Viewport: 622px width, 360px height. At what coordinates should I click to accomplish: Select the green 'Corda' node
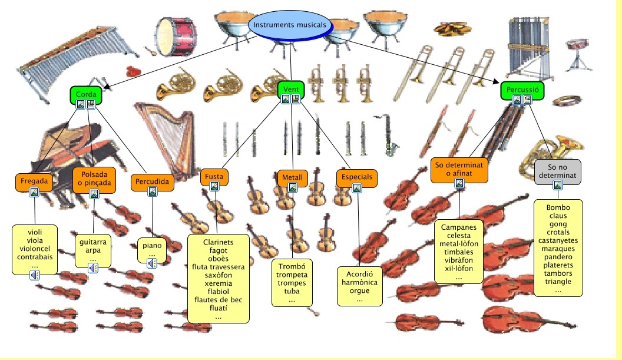point(86,93)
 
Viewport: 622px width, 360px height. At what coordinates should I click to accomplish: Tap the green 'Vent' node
point(290,89)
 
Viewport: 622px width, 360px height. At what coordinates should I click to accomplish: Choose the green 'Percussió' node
point(522,90)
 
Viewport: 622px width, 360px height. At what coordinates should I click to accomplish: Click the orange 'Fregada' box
point(34,180)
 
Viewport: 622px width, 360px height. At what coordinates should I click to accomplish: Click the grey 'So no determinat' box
point(557,171)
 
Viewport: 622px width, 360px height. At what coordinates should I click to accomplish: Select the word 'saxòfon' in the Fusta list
point(218,275)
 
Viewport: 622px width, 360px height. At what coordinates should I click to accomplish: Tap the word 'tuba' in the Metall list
point(292,292)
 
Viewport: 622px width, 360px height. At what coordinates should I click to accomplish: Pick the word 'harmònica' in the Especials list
point(359,282)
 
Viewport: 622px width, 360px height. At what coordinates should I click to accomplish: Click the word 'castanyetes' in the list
point(558,240)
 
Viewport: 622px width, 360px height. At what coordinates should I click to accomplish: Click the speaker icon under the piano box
point(152,263)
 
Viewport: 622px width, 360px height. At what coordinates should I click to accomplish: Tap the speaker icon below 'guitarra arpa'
point(93,268)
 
